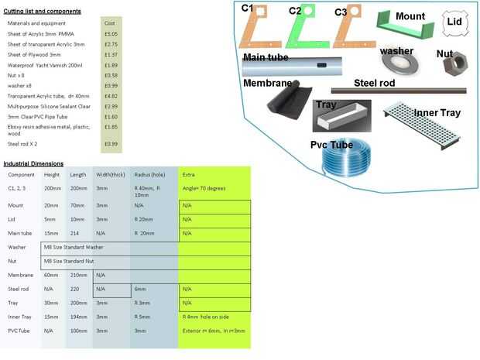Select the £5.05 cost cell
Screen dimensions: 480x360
pyautogui.click(x=111, y=34)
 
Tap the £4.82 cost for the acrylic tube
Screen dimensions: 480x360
pyautogui.click(x=111, y=95)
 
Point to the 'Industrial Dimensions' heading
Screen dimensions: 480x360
pyautogui.click(x=33, y=163)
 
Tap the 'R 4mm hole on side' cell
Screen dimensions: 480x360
pyautogui.click(x=204, y=317)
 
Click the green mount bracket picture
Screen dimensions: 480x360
pyautogui.click(x=403, y=29)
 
